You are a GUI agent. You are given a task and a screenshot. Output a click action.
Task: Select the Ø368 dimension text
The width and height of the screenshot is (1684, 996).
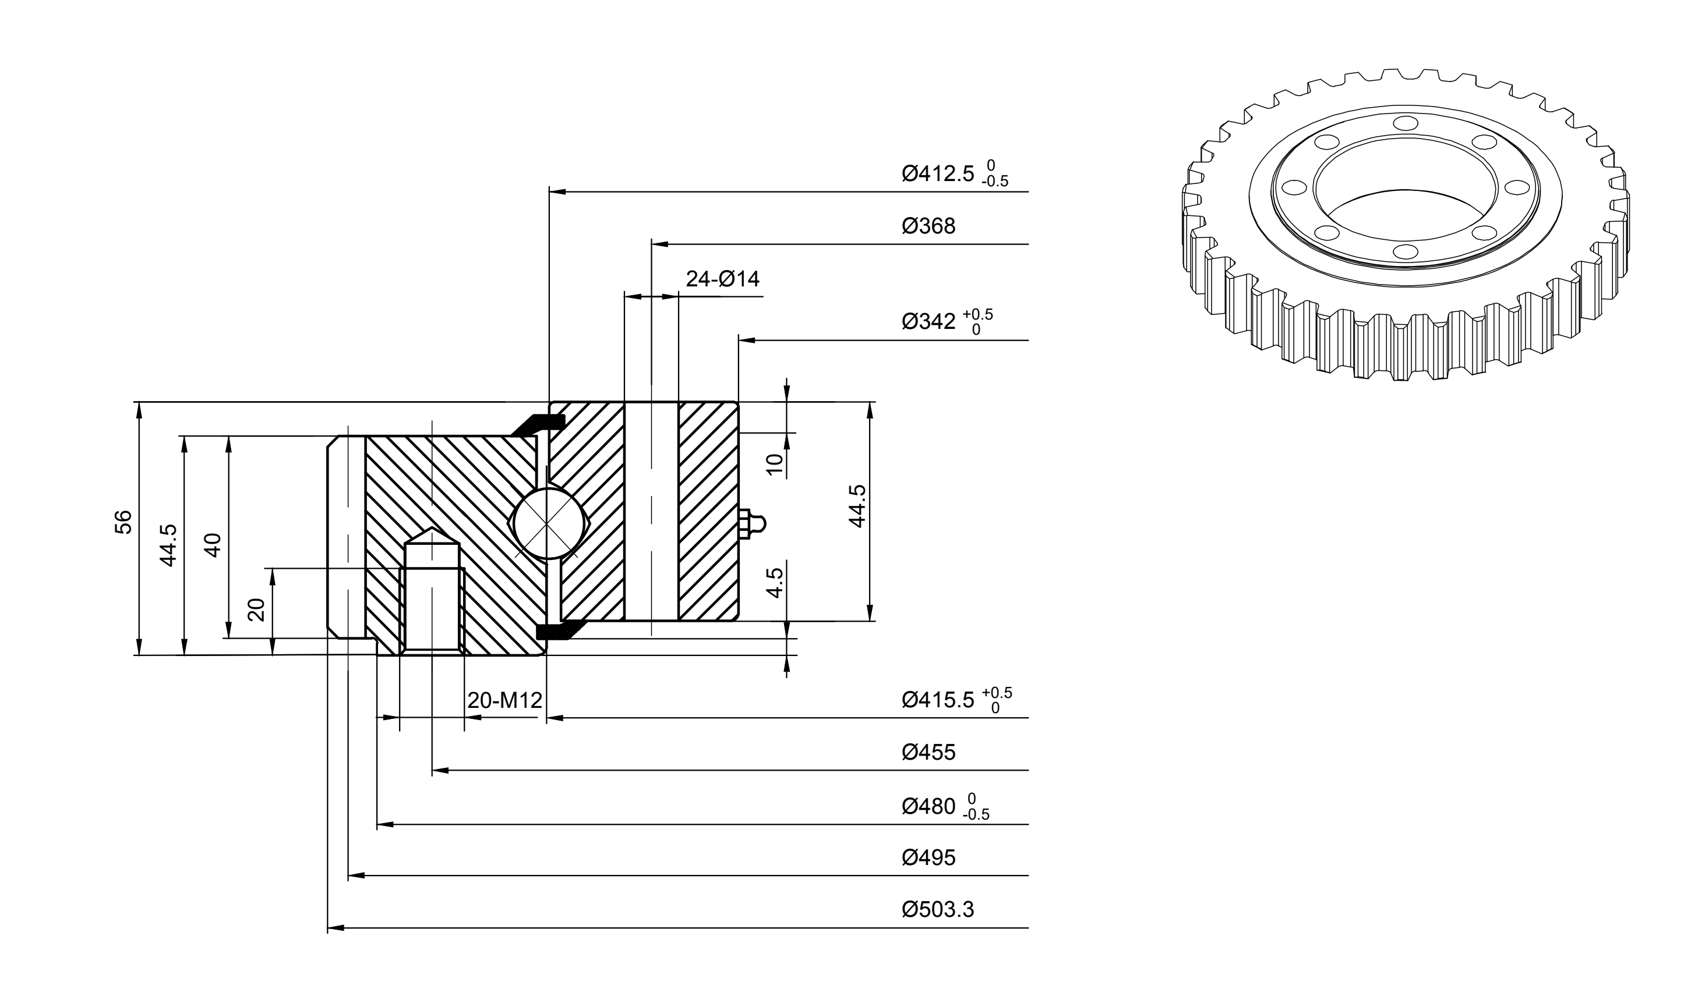click(928, 226)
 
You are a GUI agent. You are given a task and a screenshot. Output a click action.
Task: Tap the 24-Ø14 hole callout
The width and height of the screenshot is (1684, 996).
click(722, 278)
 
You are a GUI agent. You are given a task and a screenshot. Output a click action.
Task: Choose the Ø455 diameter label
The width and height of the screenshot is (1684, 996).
click(928, 752)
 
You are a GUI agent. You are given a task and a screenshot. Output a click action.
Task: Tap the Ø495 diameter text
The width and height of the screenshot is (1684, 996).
click(928, 857)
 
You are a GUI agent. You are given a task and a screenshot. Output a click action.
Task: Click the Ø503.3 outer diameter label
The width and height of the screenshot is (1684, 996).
click(937, 910)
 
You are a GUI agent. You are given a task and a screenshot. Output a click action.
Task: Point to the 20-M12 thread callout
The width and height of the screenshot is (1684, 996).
click(504, 701)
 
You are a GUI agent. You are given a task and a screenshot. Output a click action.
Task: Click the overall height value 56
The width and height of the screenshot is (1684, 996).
click(123, 522)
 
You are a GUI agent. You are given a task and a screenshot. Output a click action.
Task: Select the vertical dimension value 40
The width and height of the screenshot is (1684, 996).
click(212, 544)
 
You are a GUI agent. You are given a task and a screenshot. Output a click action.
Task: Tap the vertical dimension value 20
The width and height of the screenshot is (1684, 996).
click(256, 609)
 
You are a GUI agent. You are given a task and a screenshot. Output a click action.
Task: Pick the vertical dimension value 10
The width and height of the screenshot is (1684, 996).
click(775, 464)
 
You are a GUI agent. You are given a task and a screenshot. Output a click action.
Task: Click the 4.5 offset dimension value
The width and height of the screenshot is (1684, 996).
click(775, 583)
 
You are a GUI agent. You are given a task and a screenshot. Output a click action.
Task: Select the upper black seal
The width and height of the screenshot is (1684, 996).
click(538, 424)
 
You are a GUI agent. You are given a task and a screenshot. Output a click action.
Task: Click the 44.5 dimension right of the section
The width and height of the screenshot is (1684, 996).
click(857, 506)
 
